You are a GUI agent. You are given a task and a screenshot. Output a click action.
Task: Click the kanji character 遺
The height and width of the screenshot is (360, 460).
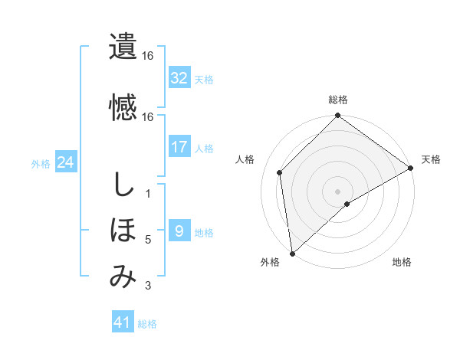click(123, 47)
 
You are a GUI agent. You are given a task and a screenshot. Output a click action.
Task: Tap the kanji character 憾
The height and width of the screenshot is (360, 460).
click(123, 106)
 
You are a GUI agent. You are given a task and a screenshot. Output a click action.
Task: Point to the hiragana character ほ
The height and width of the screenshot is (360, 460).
click(123, 230)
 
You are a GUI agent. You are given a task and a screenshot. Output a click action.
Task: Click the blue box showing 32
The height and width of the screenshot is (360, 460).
click(179, 78)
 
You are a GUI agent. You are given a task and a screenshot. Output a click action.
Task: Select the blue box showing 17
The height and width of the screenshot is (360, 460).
click(179, 147)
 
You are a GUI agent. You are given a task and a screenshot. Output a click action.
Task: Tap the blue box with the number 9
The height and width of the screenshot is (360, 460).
click(179, 231)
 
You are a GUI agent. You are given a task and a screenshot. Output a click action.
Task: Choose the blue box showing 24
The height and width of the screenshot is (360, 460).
click(66, 162)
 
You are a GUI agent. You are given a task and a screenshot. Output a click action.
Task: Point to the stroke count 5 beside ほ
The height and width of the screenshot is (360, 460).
click(148, 240)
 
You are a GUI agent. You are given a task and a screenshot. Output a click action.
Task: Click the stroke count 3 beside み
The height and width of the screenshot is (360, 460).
click(148, 286)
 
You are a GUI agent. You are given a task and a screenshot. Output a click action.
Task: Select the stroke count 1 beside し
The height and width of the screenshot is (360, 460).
click(148, 193)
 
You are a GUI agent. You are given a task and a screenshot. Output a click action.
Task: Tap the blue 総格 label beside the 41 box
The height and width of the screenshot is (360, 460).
click(147, 324)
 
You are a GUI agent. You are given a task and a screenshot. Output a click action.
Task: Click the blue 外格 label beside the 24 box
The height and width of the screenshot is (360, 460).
click(41, 163)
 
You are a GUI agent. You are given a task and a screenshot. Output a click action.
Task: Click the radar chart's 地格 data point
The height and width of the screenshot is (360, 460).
click(347, 204)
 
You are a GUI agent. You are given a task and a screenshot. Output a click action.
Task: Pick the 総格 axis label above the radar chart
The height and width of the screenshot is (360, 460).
click(338, 100)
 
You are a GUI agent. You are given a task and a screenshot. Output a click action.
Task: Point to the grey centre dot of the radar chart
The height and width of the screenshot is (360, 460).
click(338, 191)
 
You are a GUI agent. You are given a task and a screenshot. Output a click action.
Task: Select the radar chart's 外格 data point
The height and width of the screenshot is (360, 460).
click(292, 254)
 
